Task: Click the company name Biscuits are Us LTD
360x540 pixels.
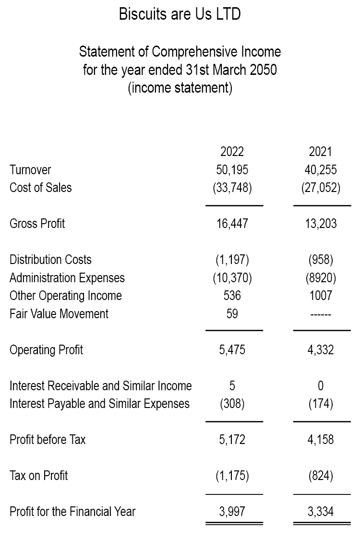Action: click(x=180, y=15)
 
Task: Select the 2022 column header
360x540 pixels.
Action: click(x=232, y=152)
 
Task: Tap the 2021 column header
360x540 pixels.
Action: click(x=320, y=152)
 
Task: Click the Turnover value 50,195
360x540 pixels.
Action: click(x=232, y=170)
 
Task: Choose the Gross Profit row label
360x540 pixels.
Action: click(x=37, y=223)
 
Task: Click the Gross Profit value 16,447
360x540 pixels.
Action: click(x=232, y=223)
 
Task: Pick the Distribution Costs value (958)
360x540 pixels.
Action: click(x=320, y=260)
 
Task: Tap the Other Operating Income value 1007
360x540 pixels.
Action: click(x=320, y=296)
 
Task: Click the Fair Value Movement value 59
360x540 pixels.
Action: click(x=232, y=314)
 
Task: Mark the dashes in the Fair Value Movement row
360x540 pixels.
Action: click(x=320, y=314)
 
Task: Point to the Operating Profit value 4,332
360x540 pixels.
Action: click(x=320, y=350)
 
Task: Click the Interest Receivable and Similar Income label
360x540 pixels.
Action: click(x=100, y=386)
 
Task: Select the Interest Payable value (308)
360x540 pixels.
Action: click(x=232, y=404)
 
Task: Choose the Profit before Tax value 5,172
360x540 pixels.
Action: click(x=232, y=440)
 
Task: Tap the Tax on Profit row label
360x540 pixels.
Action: click(x=38, y=476)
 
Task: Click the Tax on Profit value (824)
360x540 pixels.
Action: click(x=320, y=476)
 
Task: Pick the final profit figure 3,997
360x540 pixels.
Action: click(x=232, y=512)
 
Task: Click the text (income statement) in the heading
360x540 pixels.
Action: click(x=180, y=88)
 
